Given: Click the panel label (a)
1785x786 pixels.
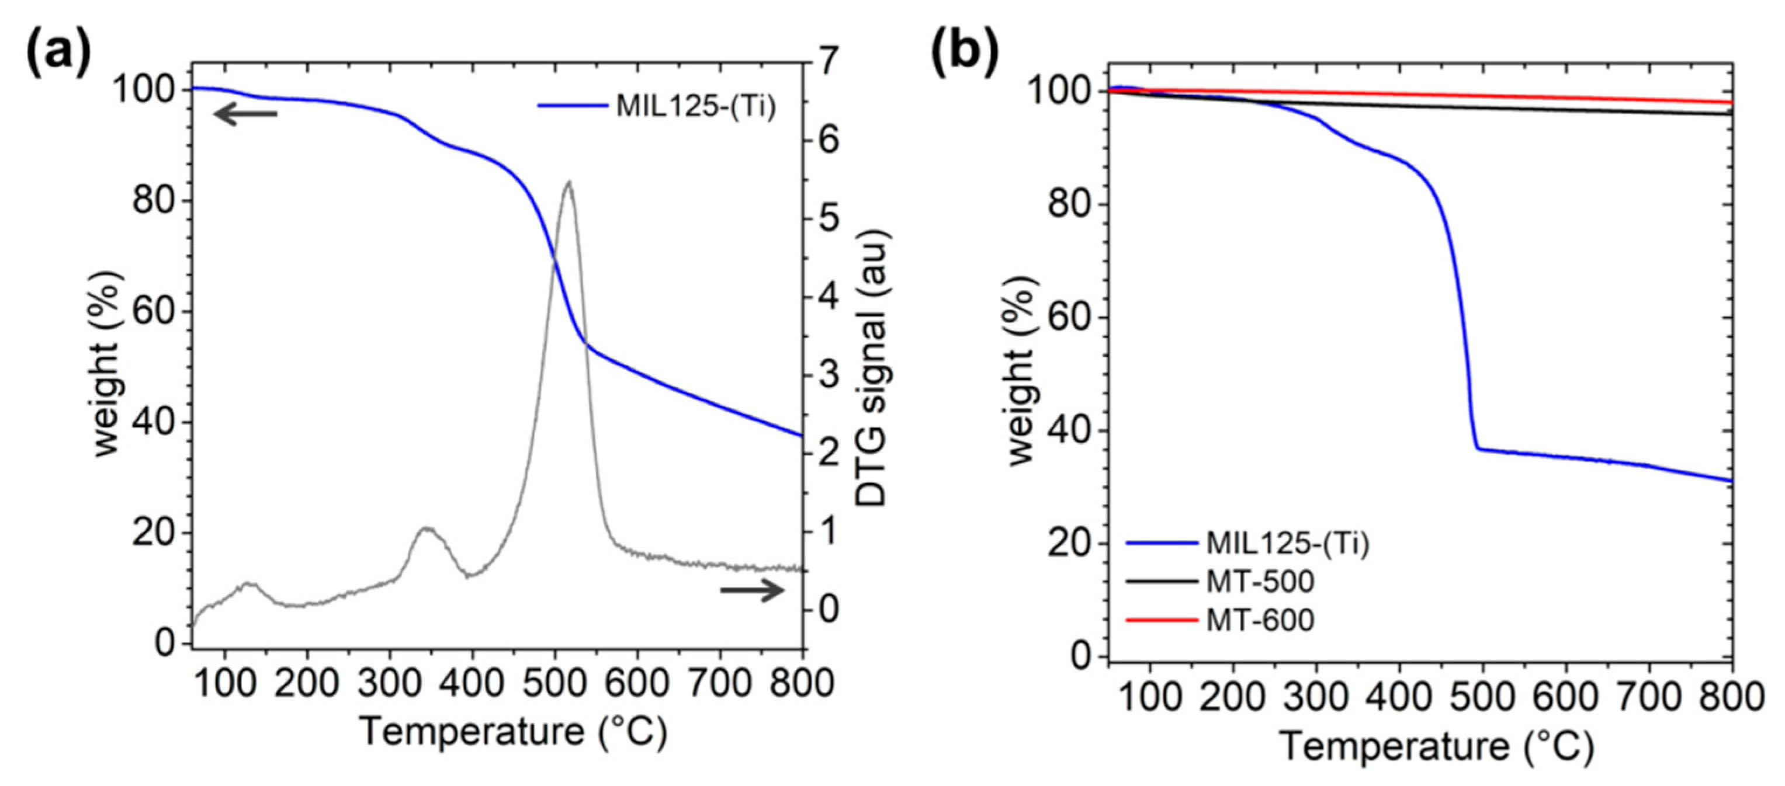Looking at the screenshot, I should click(x=59, y=52).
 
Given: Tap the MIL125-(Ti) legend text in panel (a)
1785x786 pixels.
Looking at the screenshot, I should click(x=695, y=107).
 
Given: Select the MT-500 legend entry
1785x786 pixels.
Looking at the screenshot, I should click(x=1260, y=581).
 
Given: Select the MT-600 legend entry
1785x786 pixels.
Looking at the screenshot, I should click(x=1260, y=620).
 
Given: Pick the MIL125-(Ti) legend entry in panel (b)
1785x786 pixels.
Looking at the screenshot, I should click(x=1287, y=543).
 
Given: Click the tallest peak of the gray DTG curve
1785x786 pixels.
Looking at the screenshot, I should click(x=568, y=182).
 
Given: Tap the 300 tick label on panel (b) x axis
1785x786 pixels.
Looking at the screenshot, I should click(x=1316, y=696).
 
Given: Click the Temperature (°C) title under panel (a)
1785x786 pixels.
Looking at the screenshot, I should click(x=514, y=732).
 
